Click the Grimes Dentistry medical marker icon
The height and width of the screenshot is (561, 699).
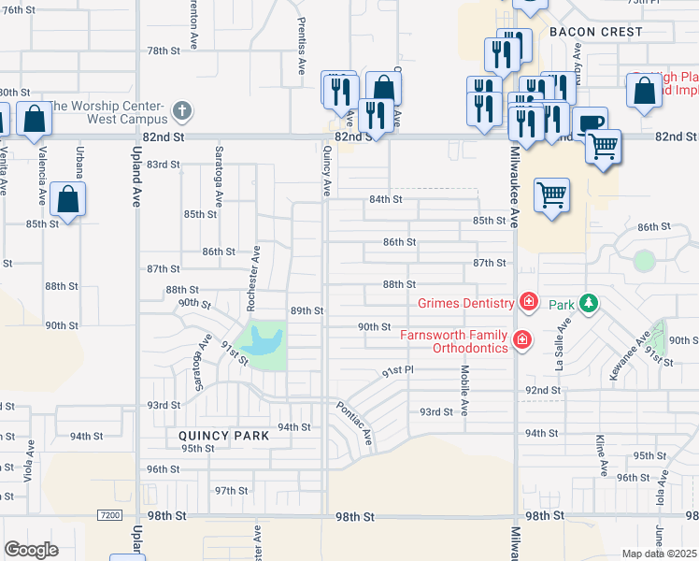tap(529, 302)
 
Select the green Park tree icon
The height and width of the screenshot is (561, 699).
tap(588, 303)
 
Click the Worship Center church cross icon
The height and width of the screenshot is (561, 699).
tap(182, 112)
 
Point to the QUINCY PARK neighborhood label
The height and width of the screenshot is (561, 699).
tap(224, 436)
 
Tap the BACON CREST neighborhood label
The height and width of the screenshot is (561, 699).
tap(596, 32)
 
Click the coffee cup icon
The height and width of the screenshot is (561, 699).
tap(589, 123)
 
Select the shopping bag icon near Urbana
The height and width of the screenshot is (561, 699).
tap(68, 198)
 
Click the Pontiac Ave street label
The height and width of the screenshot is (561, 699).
tap(355, 423)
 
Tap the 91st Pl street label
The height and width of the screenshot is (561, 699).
tap(397, 372)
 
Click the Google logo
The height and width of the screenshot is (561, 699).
tap(31, 549)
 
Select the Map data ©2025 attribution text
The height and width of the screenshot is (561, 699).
tap(660, 554)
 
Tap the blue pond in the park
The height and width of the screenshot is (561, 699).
tap(263, 341)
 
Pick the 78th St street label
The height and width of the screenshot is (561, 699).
tap(163, 50)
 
